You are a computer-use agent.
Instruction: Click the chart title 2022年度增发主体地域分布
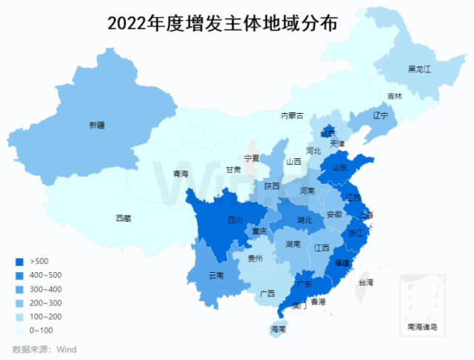tap(223, 23)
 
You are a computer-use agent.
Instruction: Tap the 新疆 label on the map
tap(98, 125)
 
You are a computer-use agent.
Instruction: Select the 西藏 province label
tap(123, 218)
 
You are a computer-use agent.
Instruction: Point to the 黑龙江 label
tap(419, 69)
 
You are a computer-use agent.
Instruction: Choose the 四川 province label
tap(235, 220)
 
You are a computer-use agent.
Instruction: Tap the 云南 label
tap(216, 276)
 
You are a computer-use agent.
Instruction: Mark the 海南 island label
tap(278, 328)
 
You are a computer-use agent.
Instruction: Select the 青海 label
tap(181, 174)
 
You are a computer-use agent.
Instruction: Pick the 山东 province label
tap(339, 168)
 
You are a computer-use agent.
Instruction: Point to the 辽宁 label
tap(380, 116)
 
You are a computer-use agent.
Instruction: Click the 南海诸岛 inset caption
tap(423, 326)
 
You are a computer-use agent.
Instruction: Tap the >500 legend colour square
tap(19, 261)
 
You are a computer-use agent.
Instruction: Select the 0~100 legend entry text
tap(41, 330)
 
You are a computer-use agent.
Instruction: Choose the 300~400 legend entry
tap(45, 288)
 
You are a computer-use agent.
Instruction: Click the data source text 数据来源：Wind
tap(44, 349)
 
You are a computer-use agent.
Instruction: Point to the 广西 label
tap(268, 293)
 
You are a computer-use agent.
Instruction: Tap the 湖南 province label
tap(292, 243)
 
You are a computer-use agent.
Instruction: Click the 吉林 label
tap(395, 96)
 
